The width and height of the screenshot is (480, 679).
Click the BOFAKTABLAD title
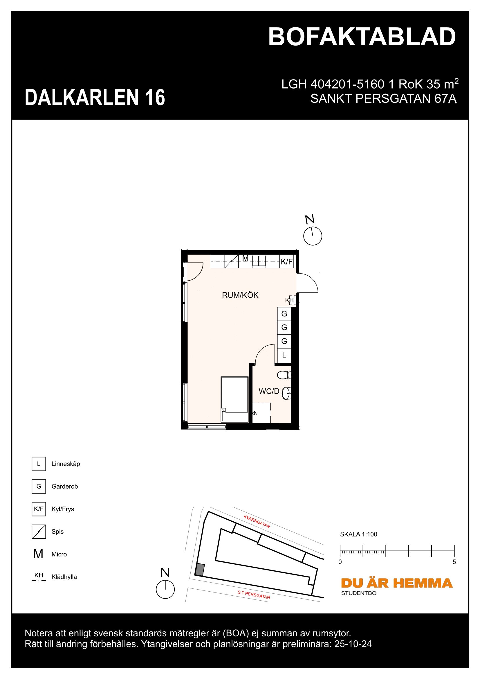[x=362, y=37]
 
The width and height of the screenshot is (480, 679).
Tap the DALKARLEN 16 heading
[x=95, y=97]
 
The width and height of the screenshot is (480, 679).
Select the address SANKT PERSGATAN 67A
[x=383, y=98]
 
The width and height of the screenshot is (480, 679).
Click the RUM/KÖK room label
[x=240, y=295]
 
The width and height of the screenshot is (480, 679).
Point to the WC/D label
[x=269, y=391]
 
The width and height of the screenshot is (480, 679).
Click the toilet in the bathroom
[x=284, y=375]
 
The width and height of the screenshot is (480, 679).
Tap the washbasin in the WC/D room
[x=286, y=393]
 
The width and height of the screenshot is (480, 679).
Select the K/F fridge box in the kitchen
[x=286, y=262]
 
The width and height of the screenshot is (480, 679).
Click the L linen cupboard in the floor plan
[x=284, y=355]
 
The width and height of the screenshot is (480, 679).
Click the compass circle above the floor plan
[x=313, y=236]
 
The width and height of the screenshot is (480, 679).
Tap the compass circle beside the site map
[x=165, y=589]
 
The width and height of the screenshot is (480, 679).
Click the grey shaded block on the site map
[x=200, y=570]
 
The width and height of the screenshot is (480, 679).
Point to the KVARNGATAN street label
[x=257, y=521]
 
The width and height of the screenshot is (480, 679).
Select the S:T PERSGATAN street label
[x=254, y=595]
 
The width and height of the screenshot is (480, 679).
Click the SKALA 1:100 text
[x=358, y=534]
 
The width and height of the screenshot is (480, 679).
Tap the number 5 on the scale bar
[x=454, y=562]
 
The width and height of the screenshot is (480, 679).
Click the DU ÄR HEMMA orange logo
[x=396, y=583]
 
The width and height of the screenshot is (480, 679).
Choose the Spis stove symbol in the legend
[x=39, y=532]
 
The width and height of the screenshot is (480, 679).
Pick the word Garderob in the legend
[x=64, y=487]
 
